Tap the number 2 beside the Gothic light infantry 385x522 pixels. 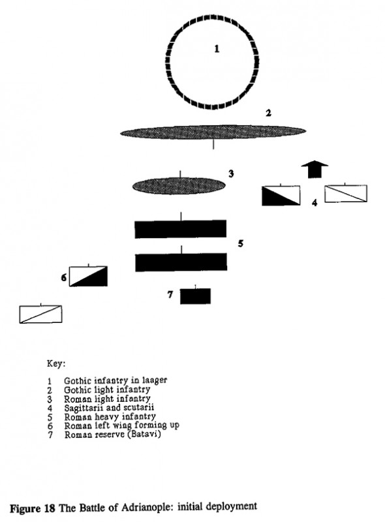point(268,113)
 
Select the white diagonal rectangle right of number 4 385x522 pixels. point(346,193)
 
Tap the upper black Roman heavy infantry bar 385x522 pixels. point(180,229)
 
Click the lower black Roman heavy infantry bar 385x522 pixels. point(180,262)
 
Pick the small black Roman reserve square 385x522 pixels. point(195,296)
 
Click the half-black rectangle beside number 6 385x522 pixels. point(88,276)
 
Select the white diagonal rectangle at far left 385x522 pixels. point(41,314)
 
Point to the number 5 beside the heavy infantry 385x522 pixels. point(240,244)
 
